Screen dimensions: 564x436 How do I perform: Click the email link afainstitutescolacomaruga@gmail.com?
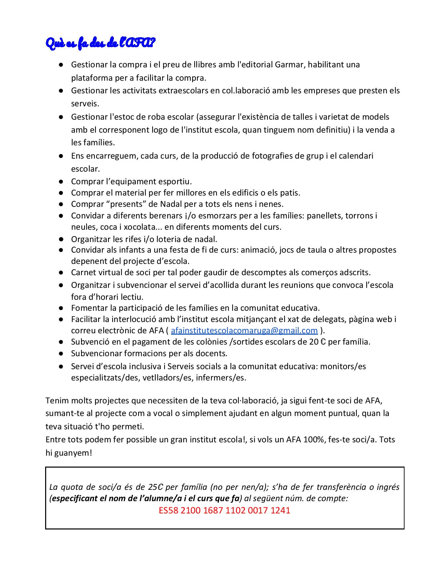click(244, 331)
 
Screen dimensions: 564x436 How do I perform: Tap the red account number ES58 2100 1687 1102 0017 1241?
click(224, 510)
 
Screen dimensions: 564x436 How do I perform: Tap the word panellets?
click(325, 216)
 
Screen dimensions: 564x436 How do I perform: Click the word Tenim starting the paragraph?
click(56, 400)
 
